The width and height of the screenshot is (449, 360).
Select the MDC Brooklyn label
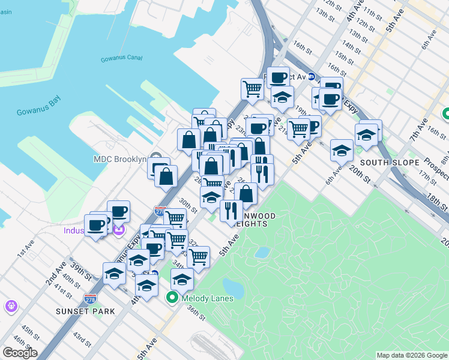[x=120, y=159]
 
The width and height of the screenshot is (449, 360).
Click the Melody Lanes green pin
[x=172, y=296]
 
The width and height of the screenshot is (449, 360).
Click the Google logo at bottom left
[x=20, y=353]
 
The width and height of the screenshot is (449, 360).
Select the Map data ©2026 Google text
[x=412, y=355]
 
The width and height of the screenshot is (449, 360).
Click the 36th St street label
[x=196, y=313]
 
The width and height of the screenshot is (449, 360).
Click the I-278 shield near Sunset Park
[x=90, y=298]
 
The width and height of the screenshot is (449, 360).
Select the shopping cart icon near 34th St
[x=198, y=256]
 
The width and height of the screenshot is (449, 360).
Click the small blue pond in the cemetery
[x=262, y=253]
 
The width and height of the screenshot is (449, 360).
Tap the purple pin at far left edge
[x=11, y=306]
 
